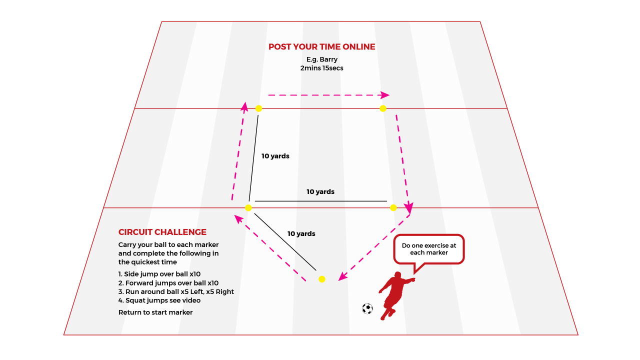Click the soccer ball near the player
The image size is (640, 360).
tap(367, 308)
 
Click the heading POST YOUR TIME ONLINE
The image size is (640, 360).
tap(321, 47)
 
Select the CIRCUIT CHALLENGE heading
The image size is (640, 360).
tap(162, 232)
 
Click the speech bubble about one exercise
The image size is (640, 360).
tap(429, 249)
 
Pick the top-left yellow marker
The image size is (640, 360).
tap(258, 108)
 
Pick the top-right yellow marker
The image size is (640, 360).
tap(383, 108)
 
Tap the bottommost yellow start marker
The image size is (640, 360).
tap(322, 279)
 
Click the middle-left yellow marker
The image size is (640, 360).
tap(248, 207)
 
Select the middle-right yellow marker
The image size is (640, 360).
tap(393, 207)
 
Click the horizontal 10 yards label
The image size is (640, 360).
tap(320, 192)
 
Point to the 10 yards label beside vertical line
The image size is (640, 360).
tap(275, 156)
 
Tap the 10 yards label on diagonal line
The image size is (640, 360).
tap(301, 233)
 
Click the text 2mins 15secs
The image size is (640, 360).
tap(322, 68)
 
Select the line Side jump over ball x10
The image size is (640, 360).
tap(159, 274)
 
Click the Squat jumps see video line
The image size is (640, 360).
tap(159, 300)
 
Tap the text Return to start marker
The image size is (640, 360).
tap(155, 312)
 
